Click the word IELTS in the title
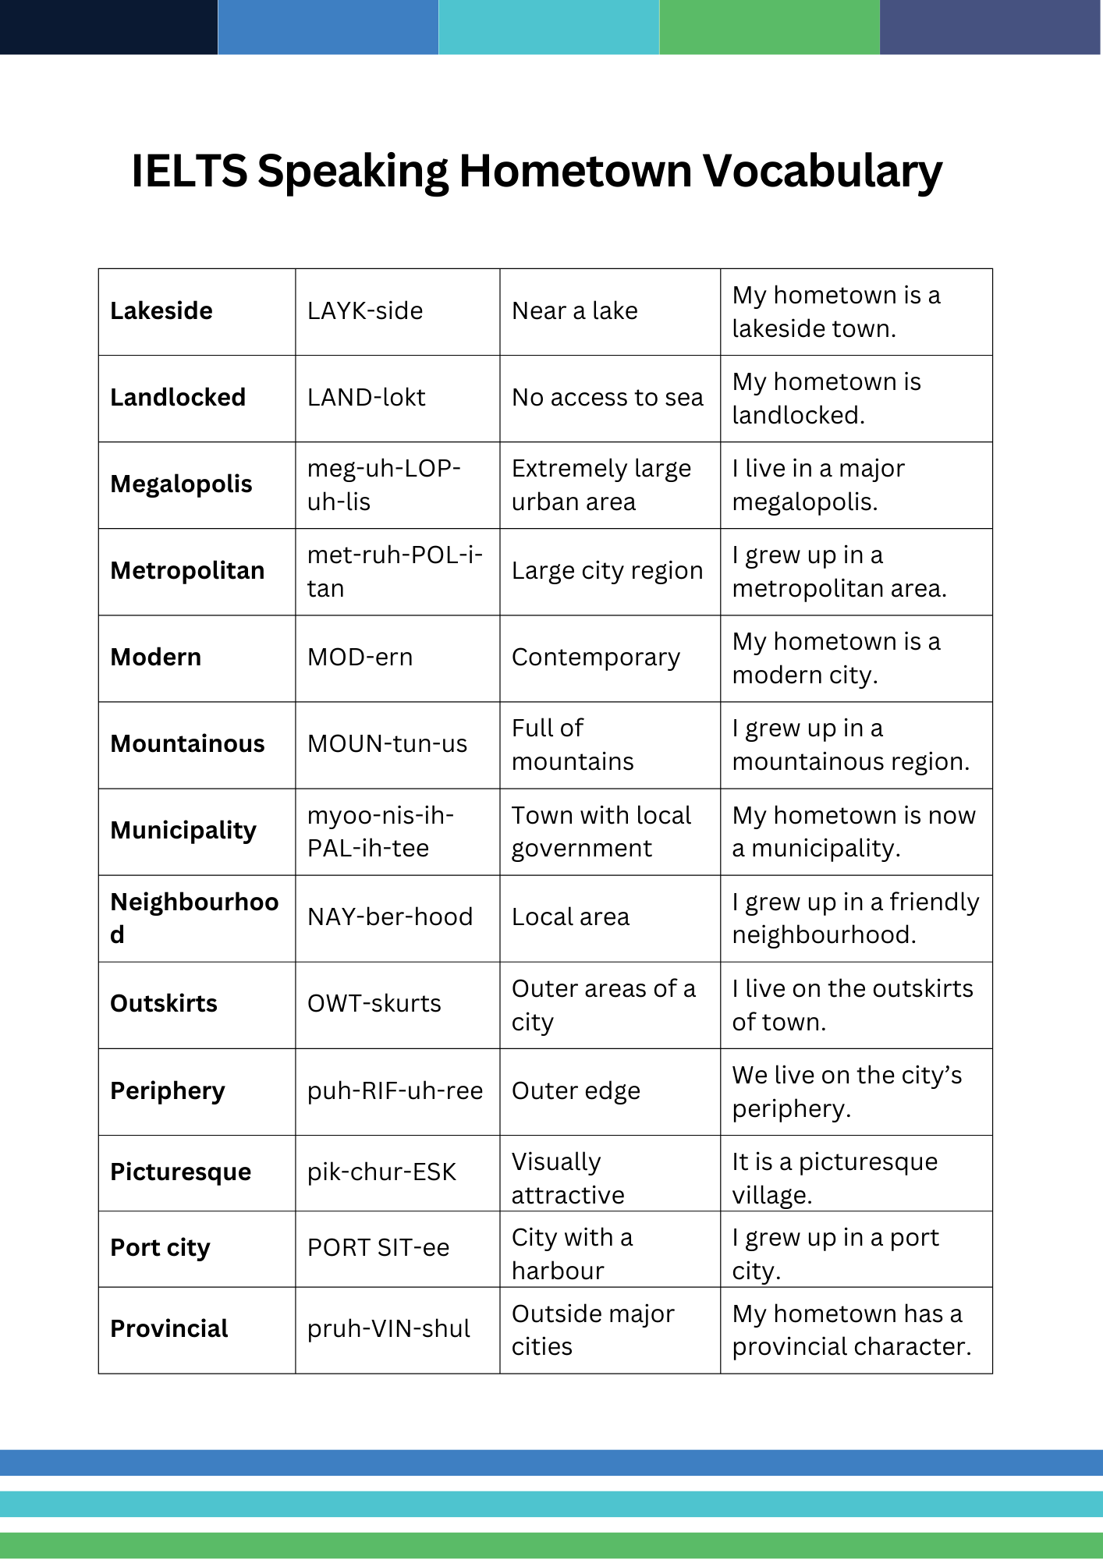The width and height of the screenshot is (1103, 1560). click(x=189, y=171)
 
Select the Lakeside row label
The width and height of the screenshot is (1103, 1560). click(x=161, y=311)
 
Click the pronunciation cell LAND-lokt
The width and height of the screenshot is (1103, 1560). click(x=366, y=398)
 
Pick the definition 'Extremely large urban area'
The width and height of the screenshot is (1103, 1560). click(x=601, y=485)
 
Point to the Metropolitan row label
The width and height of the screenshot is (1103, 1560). click(x=187, y=571)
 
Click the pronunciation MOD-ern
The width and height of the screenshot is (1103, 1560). click(x=360, y=658)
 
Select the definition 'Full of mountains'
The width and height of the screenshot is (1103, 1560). click(x=573, y=745)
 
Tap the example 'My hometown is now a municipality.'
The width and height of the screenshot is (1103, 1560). click(x=853, y=831)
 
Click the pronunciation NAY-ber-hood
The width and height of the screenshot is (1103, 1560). click(x=390, y=917)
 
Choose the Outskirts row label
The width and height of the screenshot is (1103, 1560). click(x=164, y=1004)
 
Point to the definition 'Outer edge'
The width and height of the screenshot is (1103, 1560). click(x=576, y=1091)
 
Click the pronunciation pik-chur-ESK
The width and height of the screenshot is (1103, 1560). click(x=381, y=1172)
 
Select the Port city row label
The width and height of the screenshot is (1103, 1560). click(x=160, y=1248)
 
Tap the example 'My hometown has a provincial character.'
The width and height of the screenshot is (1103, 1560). click(x=851, y=1330)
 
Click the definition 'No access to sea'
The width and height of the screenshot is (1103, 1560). click(x=607, y=398)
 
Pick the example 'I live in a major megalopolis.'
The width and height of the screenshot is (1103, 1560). click(x=817, y=485)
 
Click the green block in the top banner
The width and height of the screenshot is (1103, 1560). click(x=769, y=27)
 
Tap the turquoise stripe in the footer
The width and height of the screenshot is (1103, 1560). click(x=551, y=1505)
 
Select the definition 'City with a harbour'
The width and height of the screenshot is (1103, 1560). click(x=572, y=1253)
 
